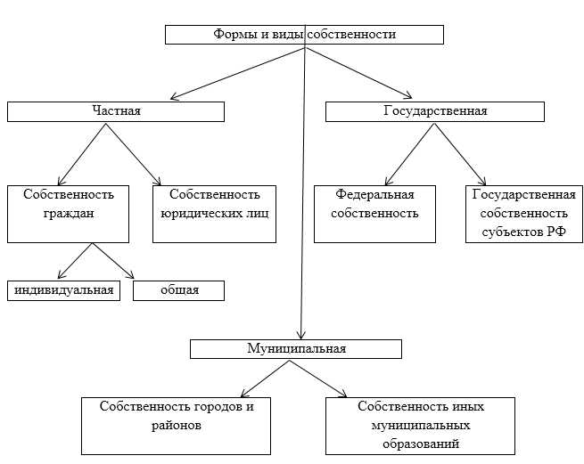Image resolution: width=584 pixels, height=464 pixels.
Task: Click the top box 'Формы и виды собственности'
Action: (304, 35)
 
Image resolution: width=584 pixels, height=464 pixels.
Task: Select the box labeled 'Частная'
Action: (116, 111)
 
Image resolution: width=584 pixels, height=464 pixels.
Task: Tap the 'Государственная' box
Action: (434, 111)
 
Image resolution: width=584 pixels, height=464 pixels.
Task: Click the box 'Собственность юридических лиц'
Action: (214, 213)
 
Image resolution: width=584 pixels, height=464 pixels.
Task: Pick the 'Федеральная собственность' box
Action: (374, 213)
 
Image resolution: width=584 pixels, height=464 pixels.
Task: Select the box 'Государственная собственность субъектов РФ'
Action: (523, 213)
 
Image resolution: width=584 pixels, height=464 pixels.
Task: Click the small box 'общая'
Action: (178, 291)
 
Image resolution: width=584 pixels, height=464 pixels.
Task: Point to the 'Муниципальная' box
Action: (296, 348)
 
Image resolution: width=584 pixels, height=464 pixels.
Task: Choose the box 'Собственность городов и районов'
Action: (176, 425)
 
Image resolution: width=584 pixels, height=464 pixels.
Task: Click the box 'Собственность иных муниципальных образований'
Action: (421, 425)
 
